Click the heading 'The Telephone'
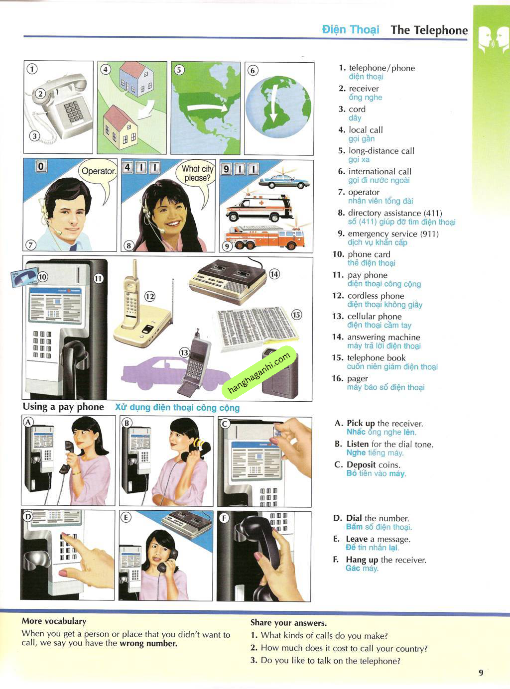pyautogui.click(x=429, y=30)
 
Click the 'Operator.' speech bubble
pyautogui.click(x=98, y=172)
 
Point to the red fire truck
pyautogui.click(x=264, y=237)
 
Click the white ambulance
pyautogui.click(x=259, y=208)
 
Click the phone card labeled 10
pyautogui.click(x=24, y=277)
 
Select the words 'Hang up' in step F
pyautogui.click(x=362, y=560)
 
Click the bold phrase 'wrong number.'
pyautogui.click(x=148, y=644)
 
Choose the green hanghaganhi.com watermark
pyautogui.click(x=259, y=373)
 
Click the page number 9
pyautogui.click(x=481, y=673)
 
